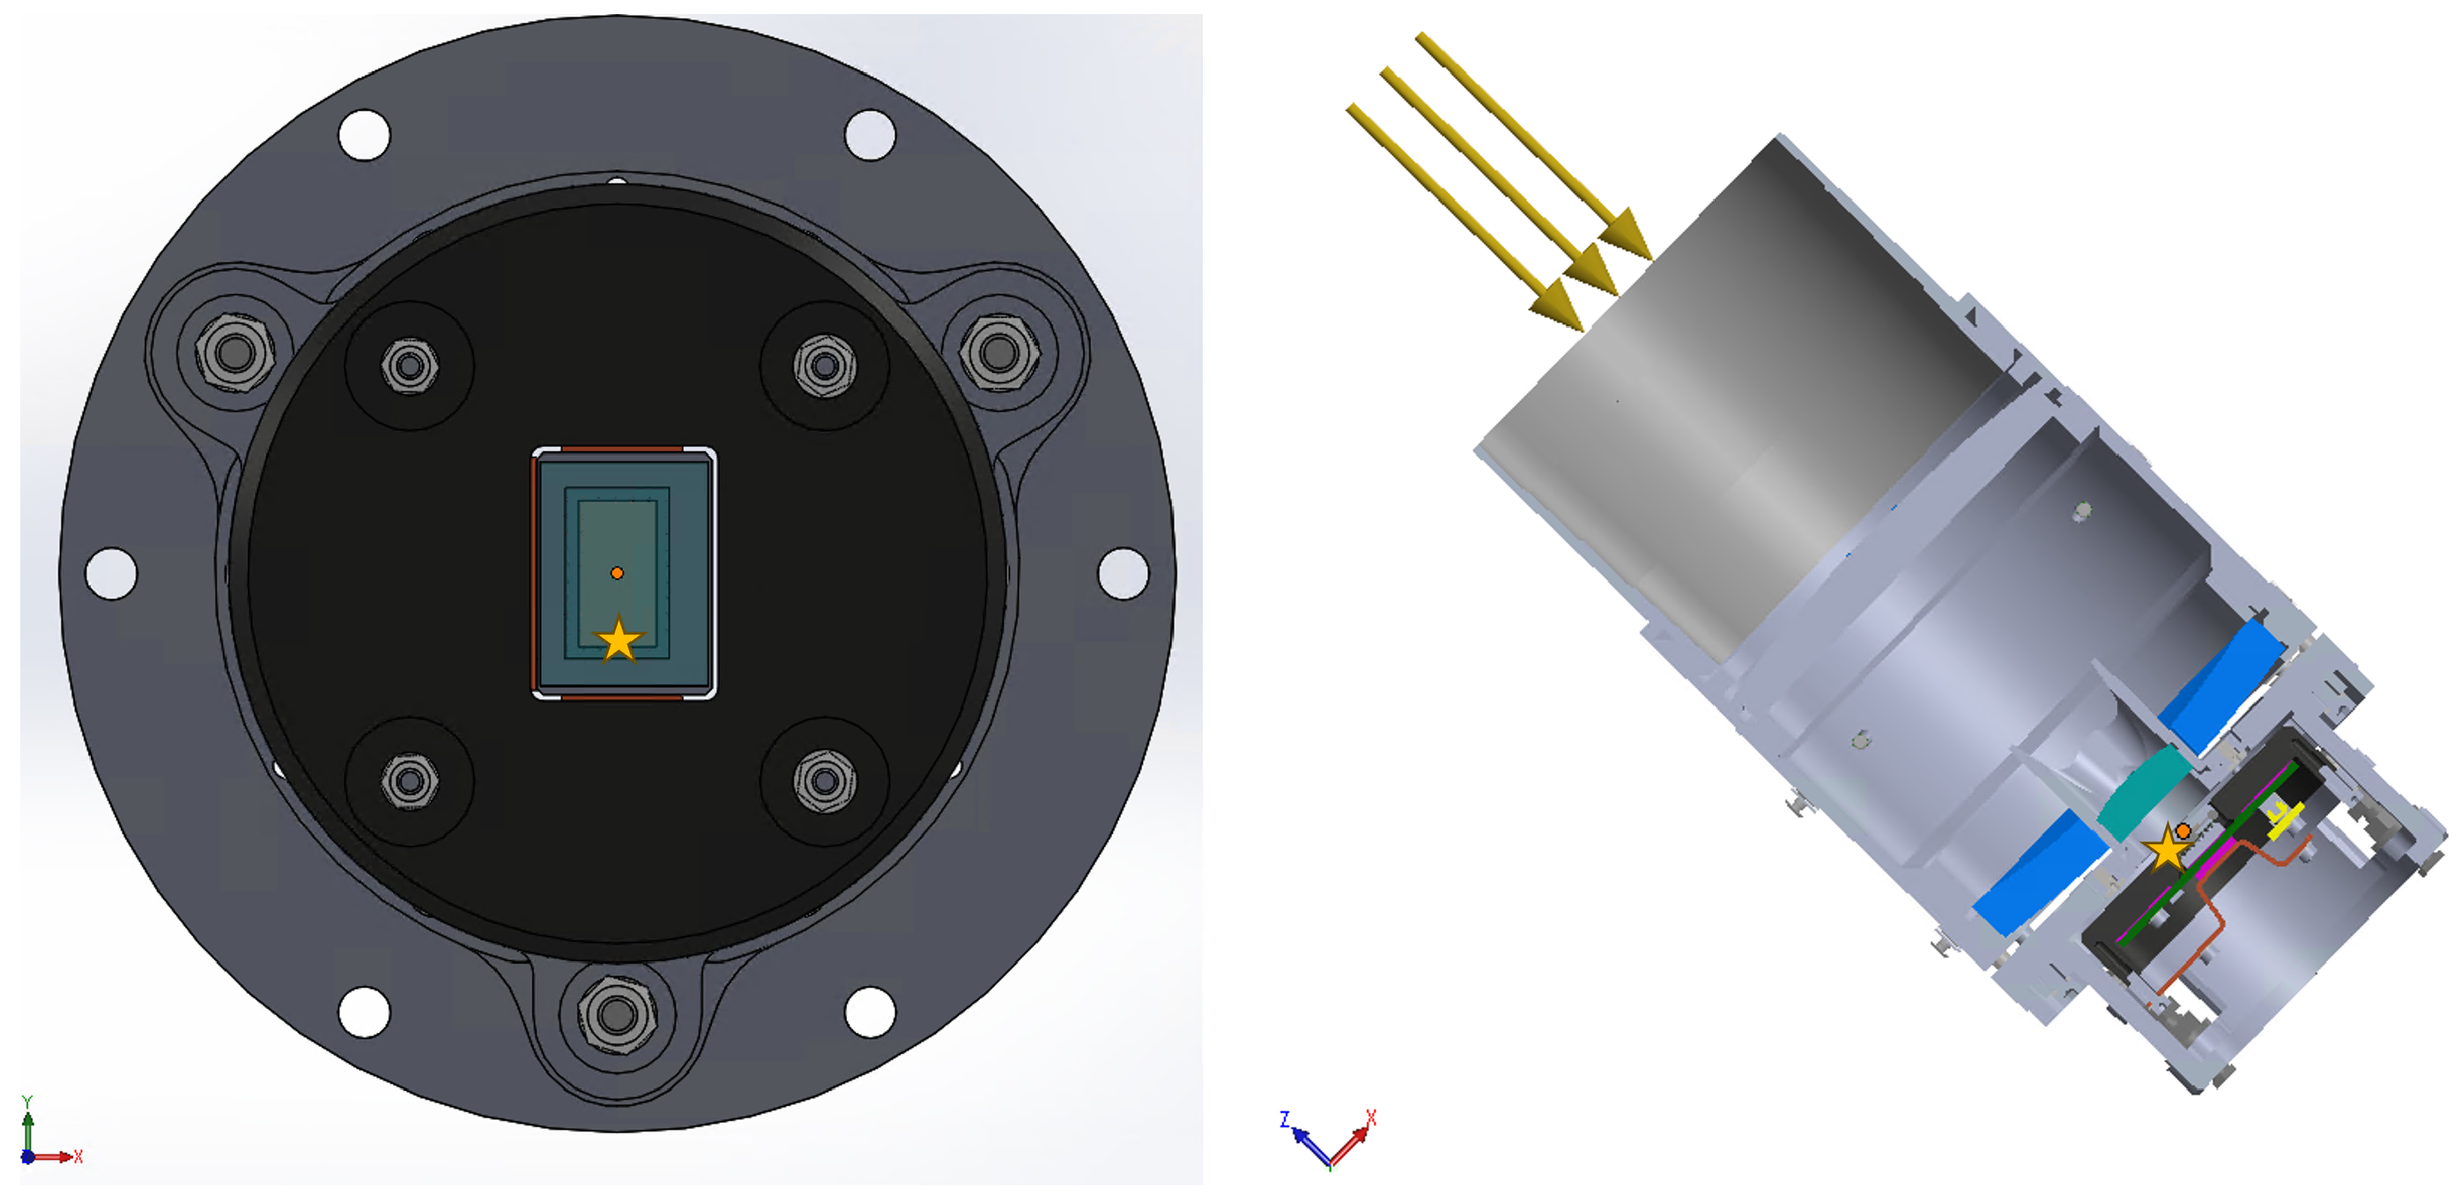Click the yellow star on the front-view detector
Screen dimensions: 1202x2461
pos(619,640)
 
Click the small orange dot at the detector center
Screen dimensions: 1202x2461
pos(617,574)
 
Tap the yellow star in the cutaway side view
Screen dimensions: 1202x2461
pos(2168,849)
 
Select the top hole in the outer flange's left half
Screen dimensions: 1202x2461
pos(364,135)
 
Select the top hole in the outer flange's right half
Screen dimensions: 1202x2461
pos(870,135)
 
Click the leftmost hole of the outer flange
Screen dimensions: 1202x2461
pos(111,574)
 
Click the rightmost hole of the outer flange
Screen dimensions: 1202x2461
pos(1123,574)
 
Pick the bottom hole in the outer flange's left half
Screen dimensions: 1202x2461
pos(364,1011)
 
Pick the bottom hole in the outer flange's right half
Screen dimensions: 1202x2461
pos(870,1011)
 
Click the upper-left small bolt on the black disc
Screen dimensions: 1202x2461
pos(410,366)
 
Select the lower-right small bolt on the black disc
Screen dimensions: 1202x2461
pos(825,782)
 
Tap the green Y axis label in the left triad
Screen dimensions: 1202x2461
pos(27,1102)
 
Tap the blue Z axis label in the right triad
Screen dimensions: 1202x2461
pos(1285,1119)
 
